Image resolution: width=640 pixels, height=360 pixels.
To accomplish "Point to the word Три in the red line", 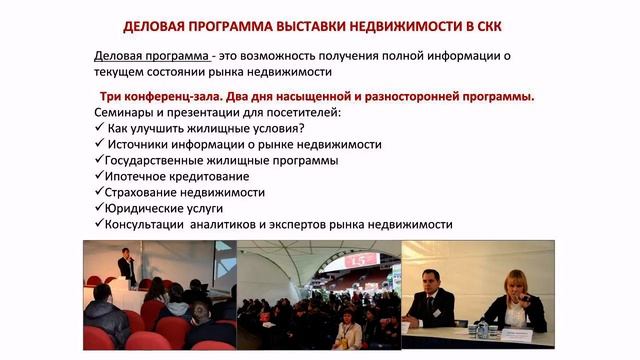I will point(112,96).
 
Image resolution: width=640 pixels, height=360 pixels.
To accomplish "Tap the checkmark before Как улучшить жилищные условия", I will point(98,128).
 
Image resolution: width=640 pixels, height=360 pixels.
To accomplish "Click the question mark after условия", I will point(301,128).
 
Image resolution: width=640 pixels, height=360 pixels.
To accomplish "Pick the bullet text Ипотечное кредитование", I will point(178,176).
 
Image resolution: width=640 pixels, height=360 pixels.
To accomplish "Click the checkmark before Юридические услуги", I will point(98,208).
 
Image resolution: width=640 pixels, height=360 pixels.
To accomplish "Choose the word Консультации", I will point(150,224).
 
